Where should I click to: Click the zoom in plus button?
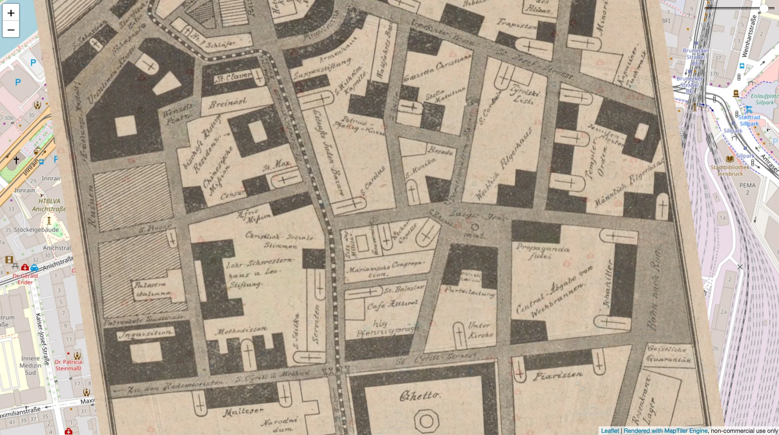(x=11, y=13)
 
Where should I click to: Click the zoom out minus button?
(x=11, y=30)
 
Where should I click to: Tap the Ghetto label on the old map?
(x=419, y=396)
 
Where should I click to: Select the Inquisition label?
(x=146, y=334)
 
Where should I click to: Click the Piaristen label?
(x=557, y=375)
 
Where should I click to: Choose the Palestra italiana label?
(x=152, y=289)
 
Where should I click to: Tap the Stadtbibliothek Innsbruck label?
(x=730, y=170)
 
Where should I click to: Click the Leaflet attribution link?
(x=610, y=431)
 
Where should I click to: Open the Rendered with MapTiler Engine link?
(x=666, y=431)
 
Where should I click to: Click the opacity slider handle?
(x=764, y=8)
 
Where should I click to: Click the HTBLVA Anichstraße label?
(x=49, y=205)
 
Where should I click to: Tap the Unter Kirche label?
(x=480, y=330)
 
